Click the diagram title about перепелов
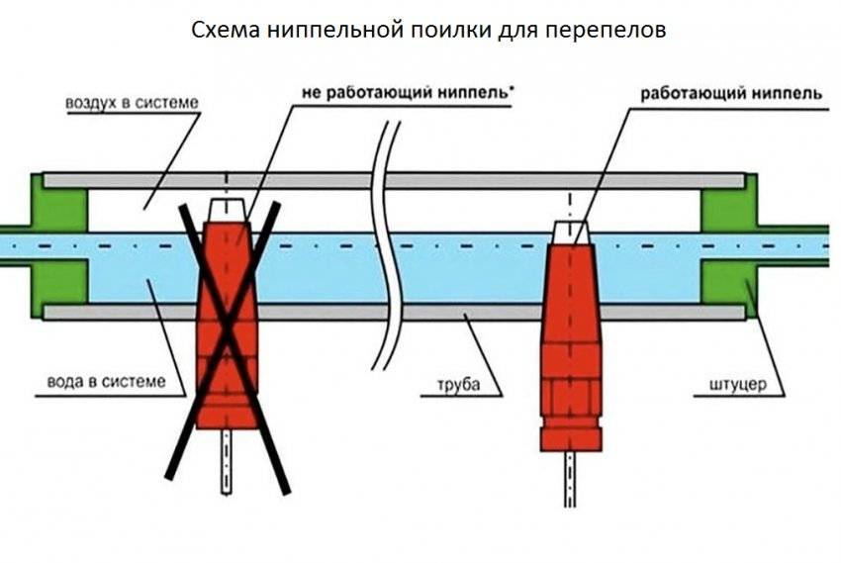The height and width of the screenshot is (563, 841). pos(428,29)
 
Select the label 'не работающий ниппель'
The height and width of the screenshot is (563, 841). pos(408,95)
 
